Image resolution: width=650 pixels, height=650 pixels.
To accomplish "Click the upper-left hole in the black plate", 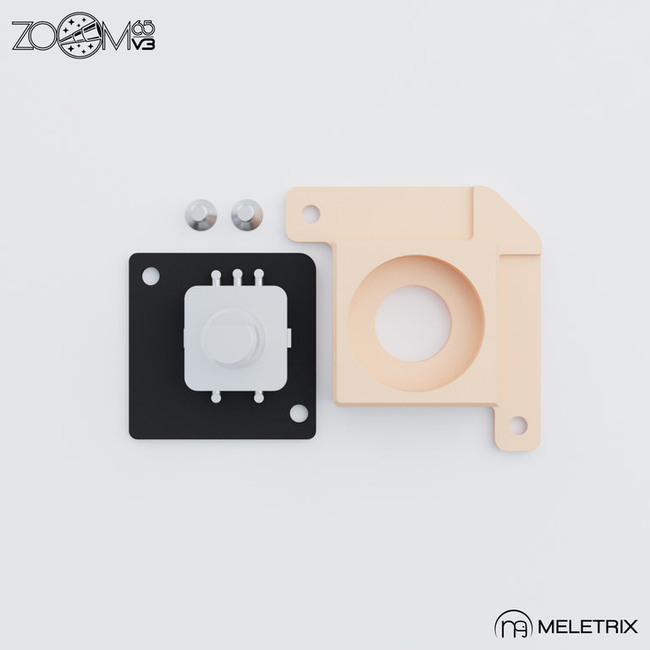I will tap(150, 276).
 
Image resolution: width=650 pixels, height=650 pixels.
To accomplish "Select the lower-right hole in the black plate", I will tap(298, 413).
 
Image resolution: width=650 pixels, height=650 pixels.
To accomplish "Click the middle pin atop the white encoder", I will tap(238, 276).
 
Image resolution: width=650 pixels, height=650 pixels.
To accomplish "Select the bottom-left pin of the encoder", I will tap(217, 395).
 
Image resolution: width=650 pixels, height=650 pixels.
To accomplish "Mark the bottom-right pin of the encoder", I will tap(258, 395).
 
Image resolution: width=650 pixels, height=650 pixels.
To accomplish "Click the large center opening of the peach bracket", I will tap(413, 322).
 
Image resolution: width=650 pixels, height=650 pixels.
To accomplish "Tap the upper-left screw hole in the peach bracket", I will tap(311, 213).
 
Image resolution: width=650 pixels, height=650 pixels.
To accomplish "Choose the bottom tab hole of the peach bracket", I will tap(517, 425).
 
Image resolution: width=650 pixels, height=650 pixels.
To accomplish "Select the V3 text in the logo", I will tap(143, 44).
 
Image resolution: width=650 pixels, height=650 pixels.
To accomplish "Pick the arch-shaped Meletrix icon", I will tap(513, 627).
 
